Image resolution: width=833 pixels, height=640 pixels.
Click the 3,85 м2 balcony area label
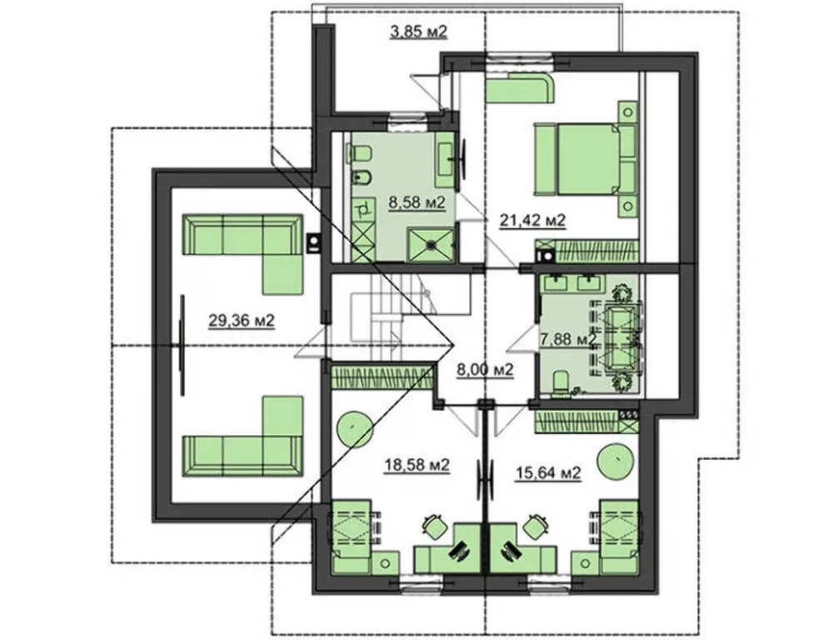[x=419, y=32]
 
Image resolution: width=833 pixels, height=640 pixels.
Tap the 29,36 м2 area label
[x=242, y=321]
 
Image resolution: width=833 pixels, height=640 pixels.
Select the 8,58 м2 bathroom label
[x=416, y=202]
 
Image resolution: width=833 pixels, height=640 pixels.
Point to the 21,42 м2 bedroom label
[x=532, y=219]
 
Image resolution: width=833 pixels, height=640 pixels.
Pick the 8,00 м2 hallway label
[x=485, y=369]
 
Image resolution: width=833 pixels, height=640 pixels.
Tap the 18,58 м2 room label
[x=417, y=465]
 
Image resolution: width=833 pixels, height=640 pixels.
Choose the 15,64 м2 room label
[x=548, y=472]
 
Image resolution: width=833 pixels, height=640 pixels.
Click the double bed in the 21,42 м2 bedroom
[x=585, y=158]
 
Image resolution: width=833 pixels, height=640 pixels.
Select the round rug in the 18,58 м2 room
[x=352, y=427]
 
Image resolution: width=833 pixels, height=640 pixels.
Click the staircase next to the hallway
[x=393, y=318]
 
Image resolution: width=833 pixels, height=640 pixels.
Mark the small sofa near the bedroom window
[x=520, y=89]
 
